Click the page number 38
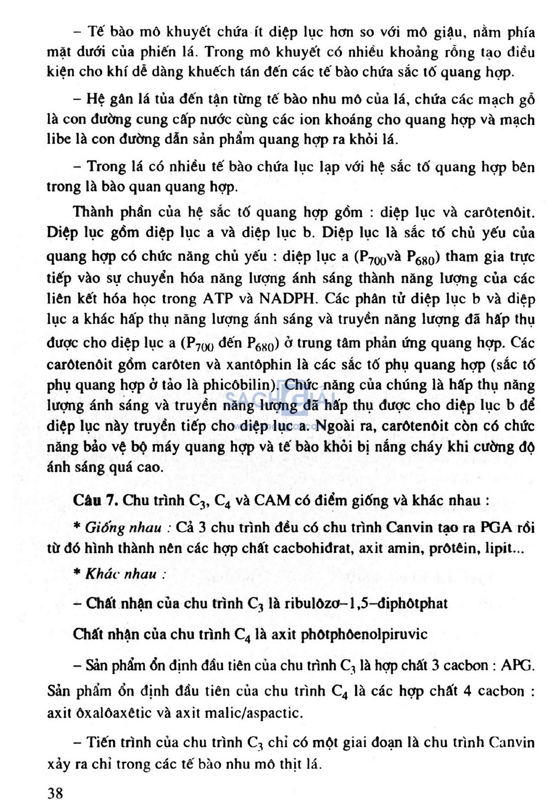coord(55,793)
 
